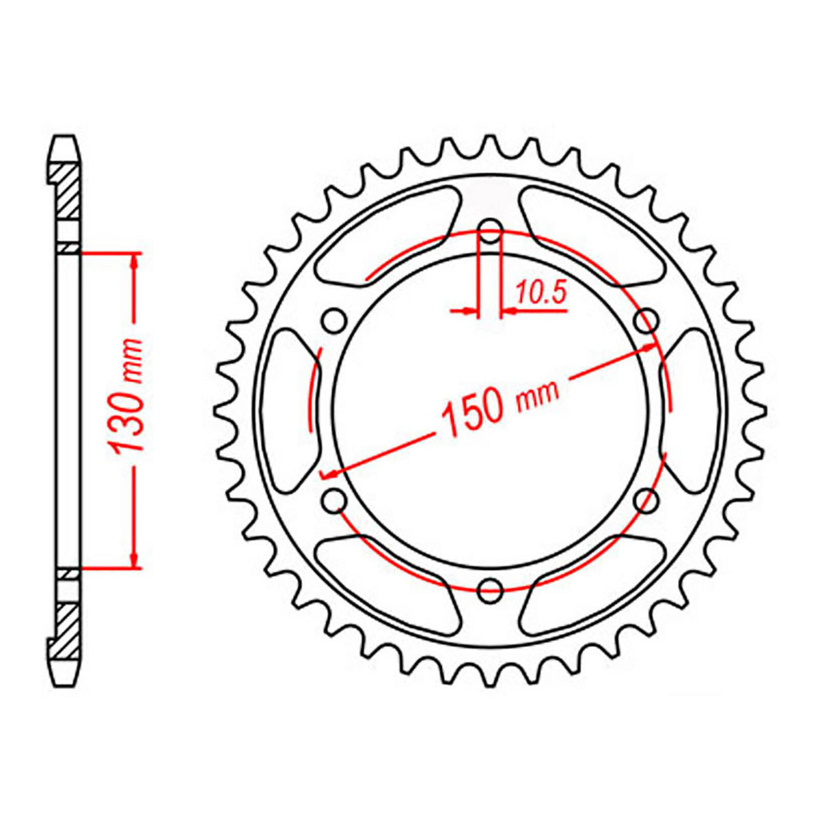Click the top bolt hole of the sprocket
point(490,231)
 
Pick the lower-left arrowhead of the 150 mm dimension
point(329,473)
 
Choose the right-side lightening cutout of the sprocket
point(692,410)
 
